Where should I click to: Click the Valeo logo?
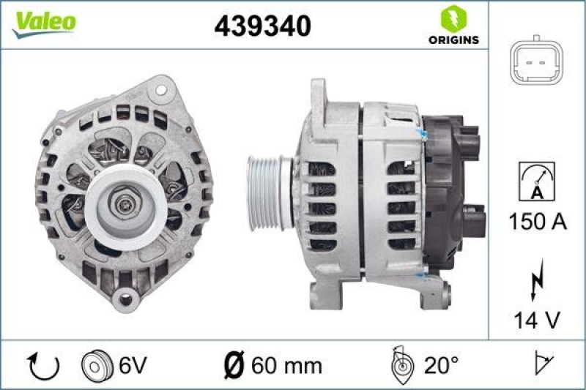point(42,23)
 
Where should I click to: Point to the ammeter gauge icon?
point(536,181)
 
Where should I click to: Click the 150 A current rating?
point(537,222)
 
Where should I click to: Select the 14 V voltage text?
point(537,319)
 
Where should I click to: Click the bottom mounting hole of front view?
point(125,298)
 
